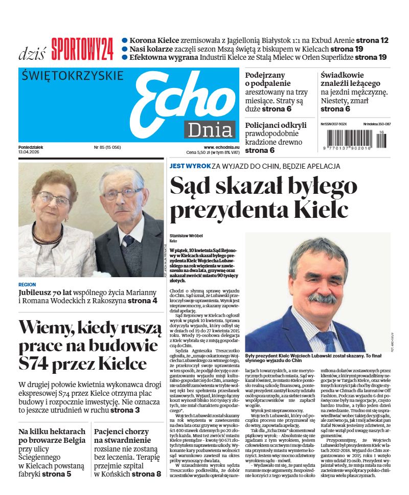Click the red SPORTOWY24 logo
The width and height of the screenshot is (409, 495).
click(x=82, y=50)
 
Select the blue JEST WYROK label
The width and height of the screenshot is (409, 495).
click(x=190, y=166)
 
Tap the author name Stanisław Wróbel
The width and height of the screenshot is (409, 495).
click(x=186, y=235)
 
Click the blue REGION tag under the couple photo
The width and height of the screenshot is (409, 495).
click(x=27, y=284)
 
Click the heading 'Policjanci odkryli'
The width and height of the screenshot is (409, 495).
click(x=276, y=125)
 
